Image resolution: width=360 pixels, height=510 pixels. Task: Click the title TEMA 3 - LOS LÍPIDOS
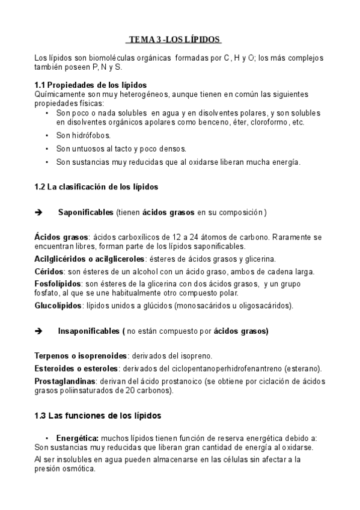(x=174, y=40)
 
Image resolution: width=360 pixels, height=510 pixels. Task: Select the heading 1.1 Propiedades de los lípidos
(x=91, y=85)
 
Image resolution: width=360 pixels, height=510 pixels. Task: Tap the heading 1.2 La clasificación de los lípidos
(x=96, y=186)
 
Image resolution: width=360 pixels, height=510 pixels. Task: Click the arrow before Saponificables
(x=39, y=213)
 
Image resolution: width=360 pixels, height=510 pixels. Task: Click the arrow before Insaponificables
(x=39, y=331)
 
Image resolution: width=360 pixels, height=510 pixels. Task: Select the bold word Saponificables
(x=85, y=213)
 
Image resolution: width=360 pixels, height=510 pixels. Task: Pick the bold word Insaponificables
(x=89, y=331)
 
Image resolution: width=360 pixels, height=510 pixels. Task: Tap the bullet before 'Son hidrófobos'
(x=47, y=135)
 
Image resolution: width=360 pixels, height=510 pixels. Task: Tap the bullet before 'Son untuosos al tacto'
(x=47, y=149)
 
